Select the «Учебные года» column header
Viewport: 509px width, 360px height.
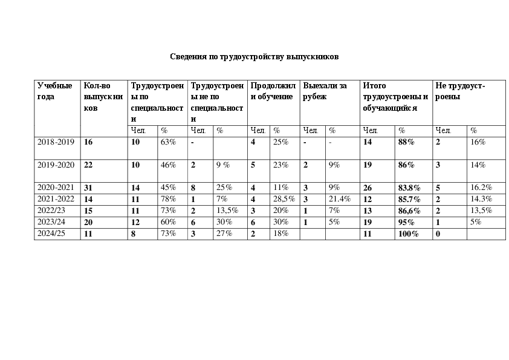[54, 91]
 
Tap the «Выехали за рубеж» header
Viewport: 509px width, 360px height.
[325, 91]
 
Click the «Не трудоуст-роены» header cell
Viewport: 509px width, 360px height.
[460, 91]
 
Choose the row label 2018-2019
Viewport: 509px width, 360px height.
[56, 142]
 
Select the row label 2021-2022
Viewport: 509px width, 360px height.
[56, 198]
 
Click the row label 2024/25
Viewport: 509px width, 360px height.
[53, 233]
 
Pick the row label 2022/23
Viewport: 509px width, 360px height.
[53, 210]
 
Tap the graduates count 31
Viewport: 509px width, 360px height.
[88, 188]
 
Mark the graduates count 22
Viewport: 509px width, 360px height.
[88, 165]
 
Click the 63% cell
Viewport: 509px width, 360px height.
[168, 142]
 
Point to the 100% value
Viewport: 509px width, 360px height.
[408, 234]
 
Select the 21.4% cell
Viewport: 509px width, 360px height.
[340, 198]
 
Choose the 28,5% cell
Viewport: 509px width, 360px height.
[284, 198]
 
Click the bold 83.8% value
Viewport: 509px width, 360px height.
[408, 188]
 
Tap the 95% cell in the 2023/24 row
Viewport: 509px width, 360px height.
[406, 222]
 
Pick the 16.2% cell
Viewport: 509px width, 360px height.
[481, 188]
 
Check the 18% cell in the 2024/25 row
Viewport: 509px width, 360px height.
[280, 233]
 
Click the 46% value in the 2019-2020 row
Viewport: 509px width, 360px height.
[168, 165]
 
